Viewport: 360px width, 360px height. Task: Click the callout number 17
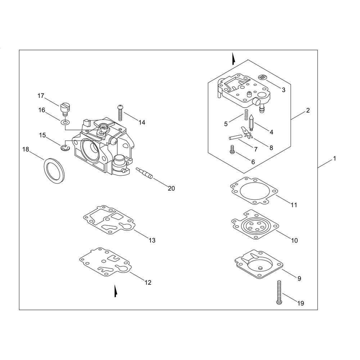click(x=41, y=96)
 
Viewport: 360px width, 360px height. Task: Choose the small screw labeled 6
click(x=232, y=150)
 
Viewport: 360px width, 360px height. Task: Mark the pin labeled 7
click(x=235, y=138)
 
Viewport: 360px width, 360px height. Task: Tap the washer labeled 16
click(x=64, y=123)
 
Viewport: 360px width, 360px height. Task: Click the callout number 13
click(x=152, y=240)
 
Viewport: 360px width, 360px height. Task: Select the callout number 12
click(x=148, y=283)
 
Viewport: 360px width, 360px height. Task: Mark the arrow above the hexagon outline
click(x=233, y=58)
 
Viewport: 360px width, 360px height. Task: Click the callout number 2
click(x=308, y=111)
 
